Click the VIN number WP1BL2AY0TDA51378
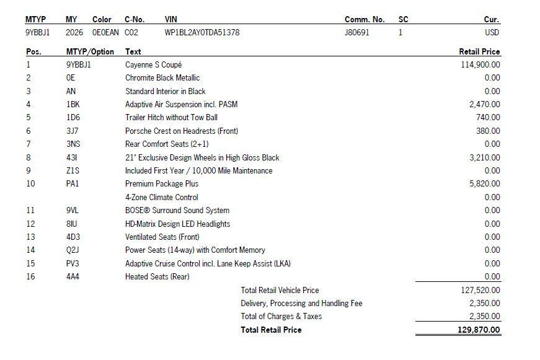point(202,32)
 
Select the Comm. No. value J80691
point(356,32)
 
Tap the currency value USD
point(492,32)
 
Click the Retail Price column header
point(479,51)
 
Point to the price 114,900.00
point(480,64)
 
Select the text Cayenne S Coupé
point(153,64)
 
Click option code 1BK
point(73,104)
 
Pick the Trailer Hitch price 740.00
point(489,117)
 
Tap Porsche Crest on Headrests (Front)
point(182,131)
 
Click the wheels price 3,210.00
point(485,157)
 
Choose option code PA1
point(73,183)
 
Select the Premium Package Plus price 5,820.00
point(485,183)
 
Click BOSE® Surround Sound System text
point(177,210)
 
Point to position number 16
point(30,276)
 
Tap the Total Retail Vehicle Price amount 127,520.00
point(480,290)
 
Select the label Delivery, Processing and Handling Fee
point(301,303)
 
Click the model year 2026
point(74,32)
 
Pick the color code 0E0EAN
point(105,32)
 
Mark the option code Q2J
point(73,250)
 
